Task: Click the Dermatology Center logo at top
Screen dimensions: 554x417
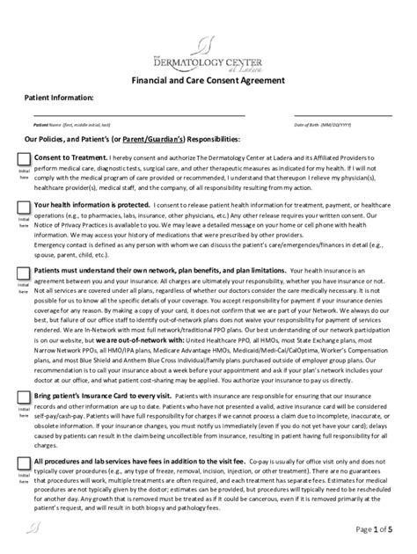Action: pyautogui.click(x=208, y=53)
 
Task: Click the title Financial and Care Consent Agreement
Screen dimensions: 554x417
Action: pyautogui.click(x=208, y=79)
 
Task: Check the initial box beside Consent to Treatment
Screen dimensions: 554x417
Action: pyautogui.click(x=24, y=157)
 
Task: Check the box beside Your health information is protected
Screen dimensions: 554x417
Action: pyautogui.click(x=24, y=208)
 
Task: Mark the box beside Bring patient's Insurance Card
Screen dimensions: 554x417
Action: pyautogui.click(x=24, y=398)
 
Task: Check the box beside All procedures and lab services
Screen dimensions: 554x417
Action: pyautogui.click(x=24, y=462)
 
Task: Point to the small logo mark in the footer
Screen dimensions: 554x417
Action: pyautogui.click(x=34, y=528)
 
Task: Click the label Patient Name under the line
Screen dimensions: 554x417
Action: pyautogui.click(x=66, y=125)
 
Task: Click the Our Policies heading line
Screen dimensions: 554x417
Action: pyautogui.click(x=132, y=139)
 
